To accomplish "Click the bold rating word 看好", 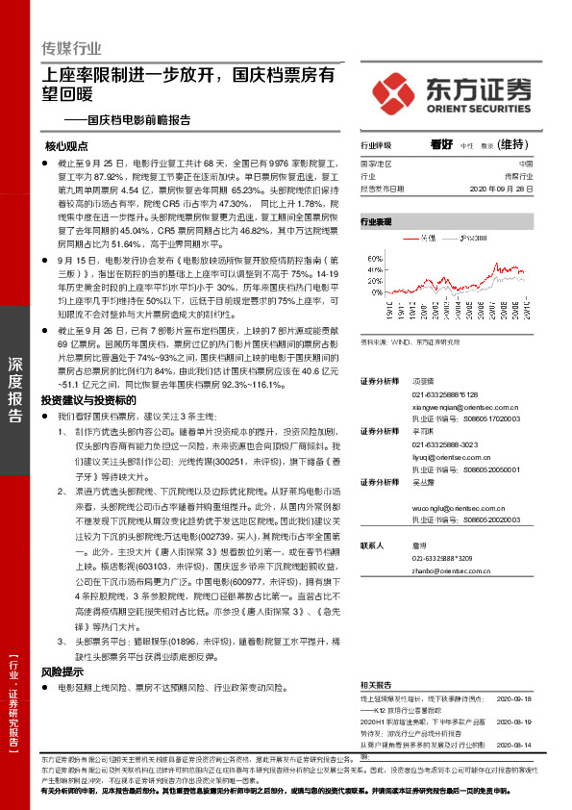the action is click(442, 144).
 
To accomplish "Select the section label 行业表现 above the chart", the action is click(376, 221).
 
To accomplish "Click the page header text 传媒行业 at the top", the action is click(71, 48).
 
